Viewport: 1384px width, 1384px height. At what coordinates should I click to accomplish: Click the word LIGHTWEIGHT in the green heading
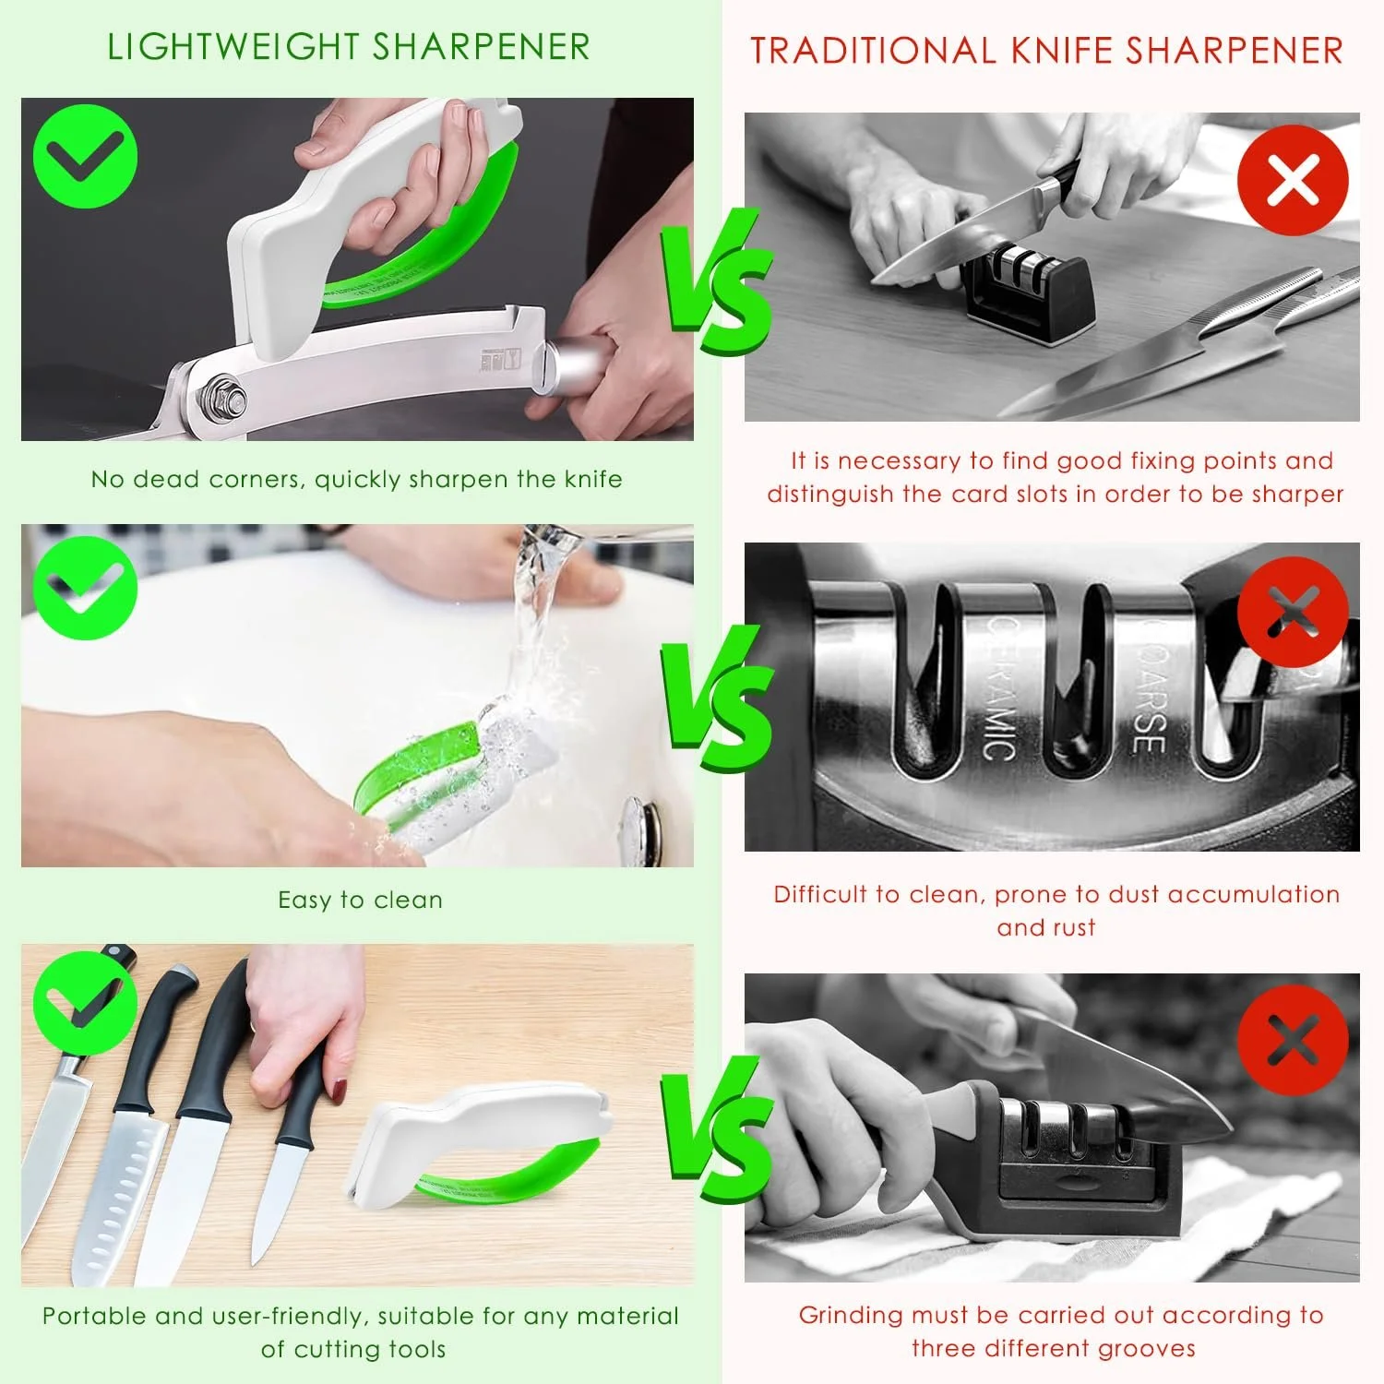[x=233, y=47]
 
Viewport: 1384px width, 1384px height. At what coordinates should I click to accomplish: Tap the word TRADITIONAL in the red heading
[x=872, y=51]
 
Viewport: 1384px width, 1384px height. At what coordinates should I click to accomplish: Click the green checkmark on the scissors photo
[x=85, y=156]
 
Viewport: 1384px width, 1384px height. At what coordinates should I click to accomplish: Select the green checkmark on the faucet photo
[x=85, y=589]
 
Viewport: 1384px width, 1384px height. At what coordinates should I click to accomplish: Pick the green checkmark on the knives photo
[x=85, y=1003]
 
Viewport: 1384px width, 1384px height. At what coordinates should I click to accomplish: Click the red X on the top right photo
[x=1293, y=180]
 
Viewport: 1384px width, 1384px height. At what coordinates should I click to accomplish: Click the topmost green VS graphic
[x=715, y=280]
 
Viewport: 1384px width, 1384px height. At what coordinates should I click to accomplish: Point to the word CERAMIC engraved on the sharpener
[x=1001, y=687]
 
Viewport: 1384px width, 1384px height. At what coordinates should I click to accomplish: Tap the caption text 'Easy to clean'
[x=361, y=901]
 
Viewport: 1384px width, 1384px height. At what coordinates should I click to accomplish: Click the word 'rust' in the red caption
[x=1071, y=928]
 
